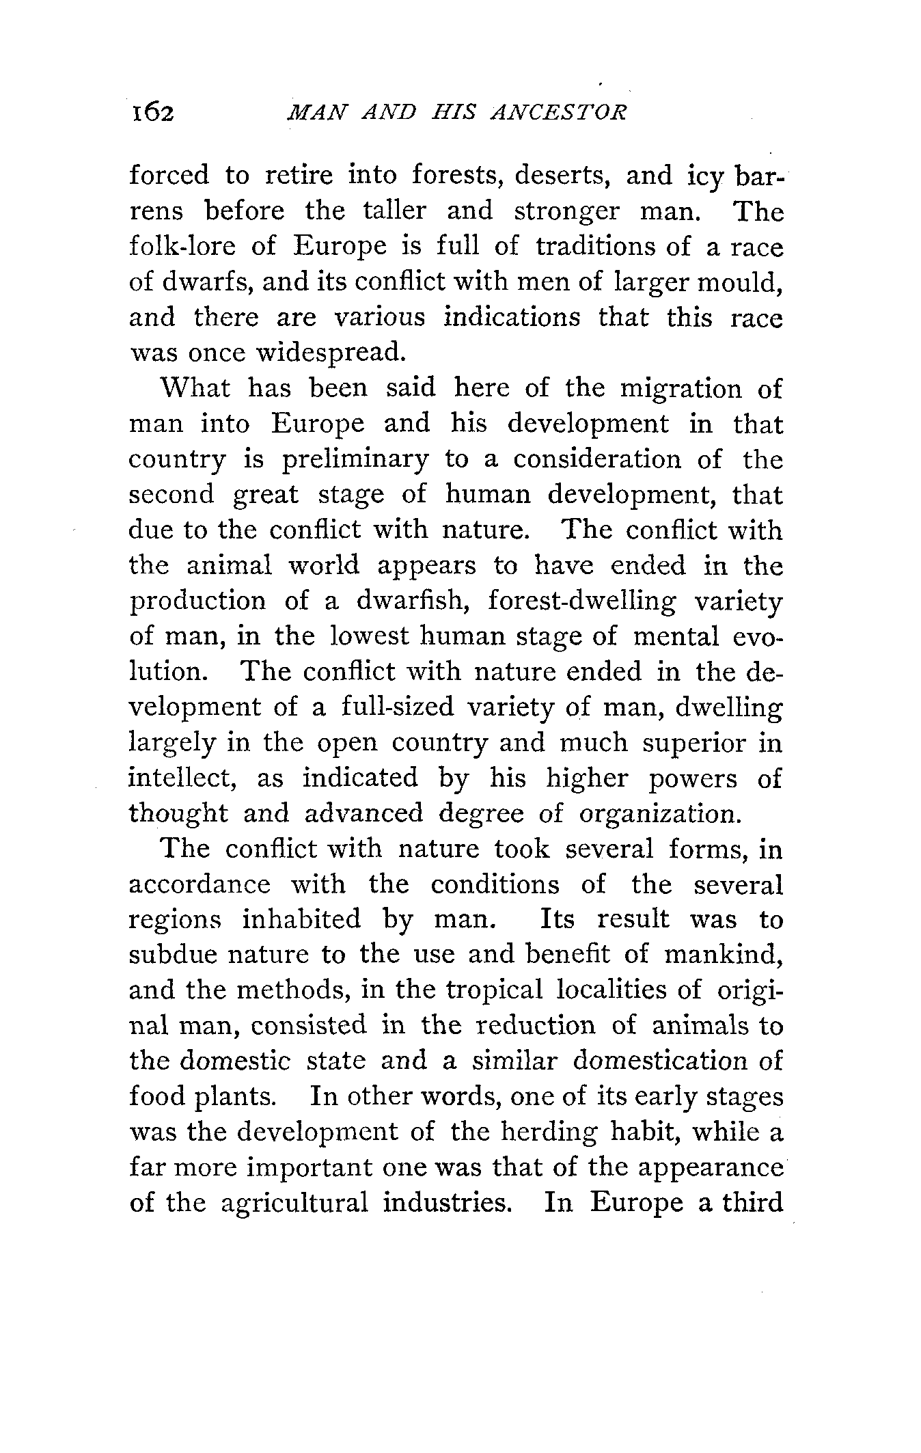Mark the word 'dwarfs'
point(206,282)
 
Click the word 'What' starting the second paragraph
point(195,388)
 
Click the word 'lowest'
point(370,636)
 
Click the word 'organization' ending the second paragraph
point(658,814)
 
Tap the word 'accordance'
point(200,885)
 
